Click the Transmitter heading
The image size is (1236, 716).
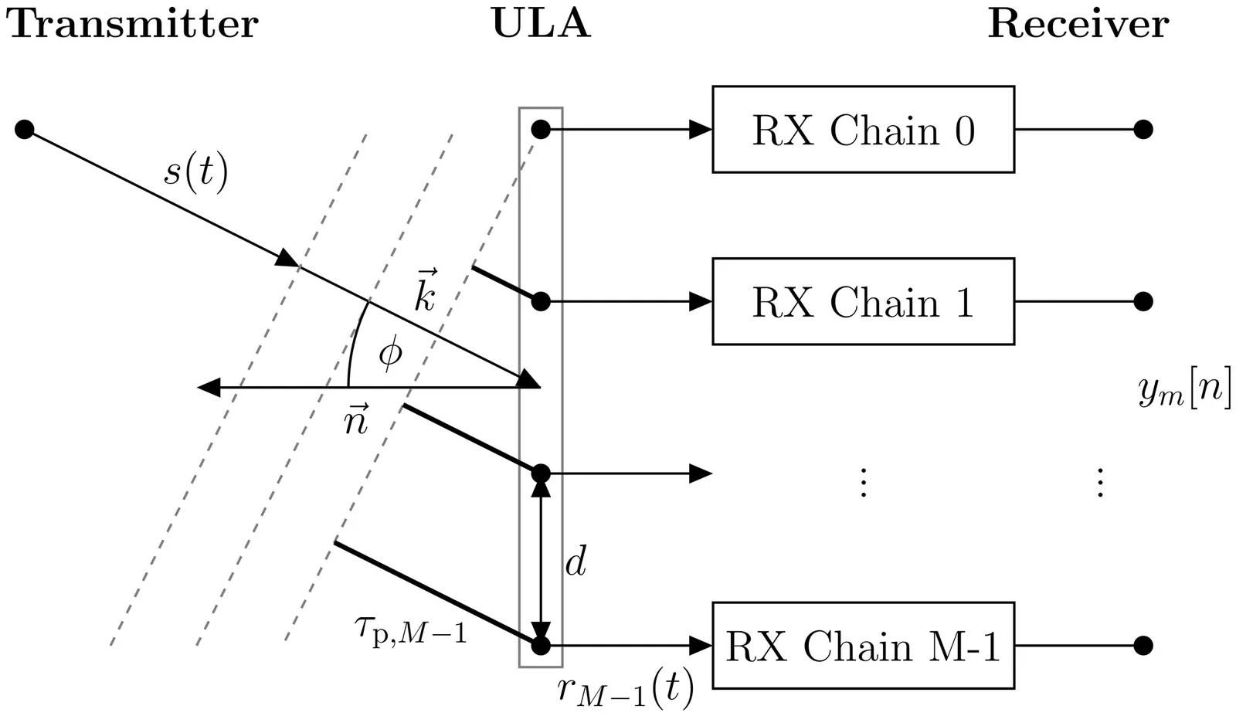(132, 25)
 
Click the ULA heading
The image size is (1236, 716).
(541, 25)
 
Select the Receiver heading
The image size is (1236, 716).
(1078, 25)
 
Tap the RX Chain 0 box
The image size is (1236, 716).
(863, 130)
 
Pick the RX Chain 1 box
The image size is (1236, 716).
(863, 301)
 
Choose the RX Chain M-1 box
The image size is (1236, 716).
(863, 645)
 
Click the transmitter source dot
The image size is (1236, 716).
(25, 129)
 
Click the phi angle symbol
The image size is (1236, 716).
(390, 354)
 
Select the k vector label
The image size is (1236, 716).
(426, 291)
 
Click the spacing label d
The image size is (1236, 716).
(576, 562)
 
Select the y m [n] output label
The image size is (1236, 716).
(1184, 390)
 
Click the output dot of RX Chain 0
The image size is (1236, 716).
(1143, 130)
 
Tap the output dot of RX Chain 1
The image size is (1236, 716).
(1143, 301)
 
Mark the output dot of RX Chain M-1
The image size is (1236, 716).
(1143, 645)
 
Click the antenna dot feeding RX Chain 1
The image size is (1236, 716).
(541, 301)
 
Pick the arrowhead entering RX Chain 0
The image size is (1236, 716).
(700, 130)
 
